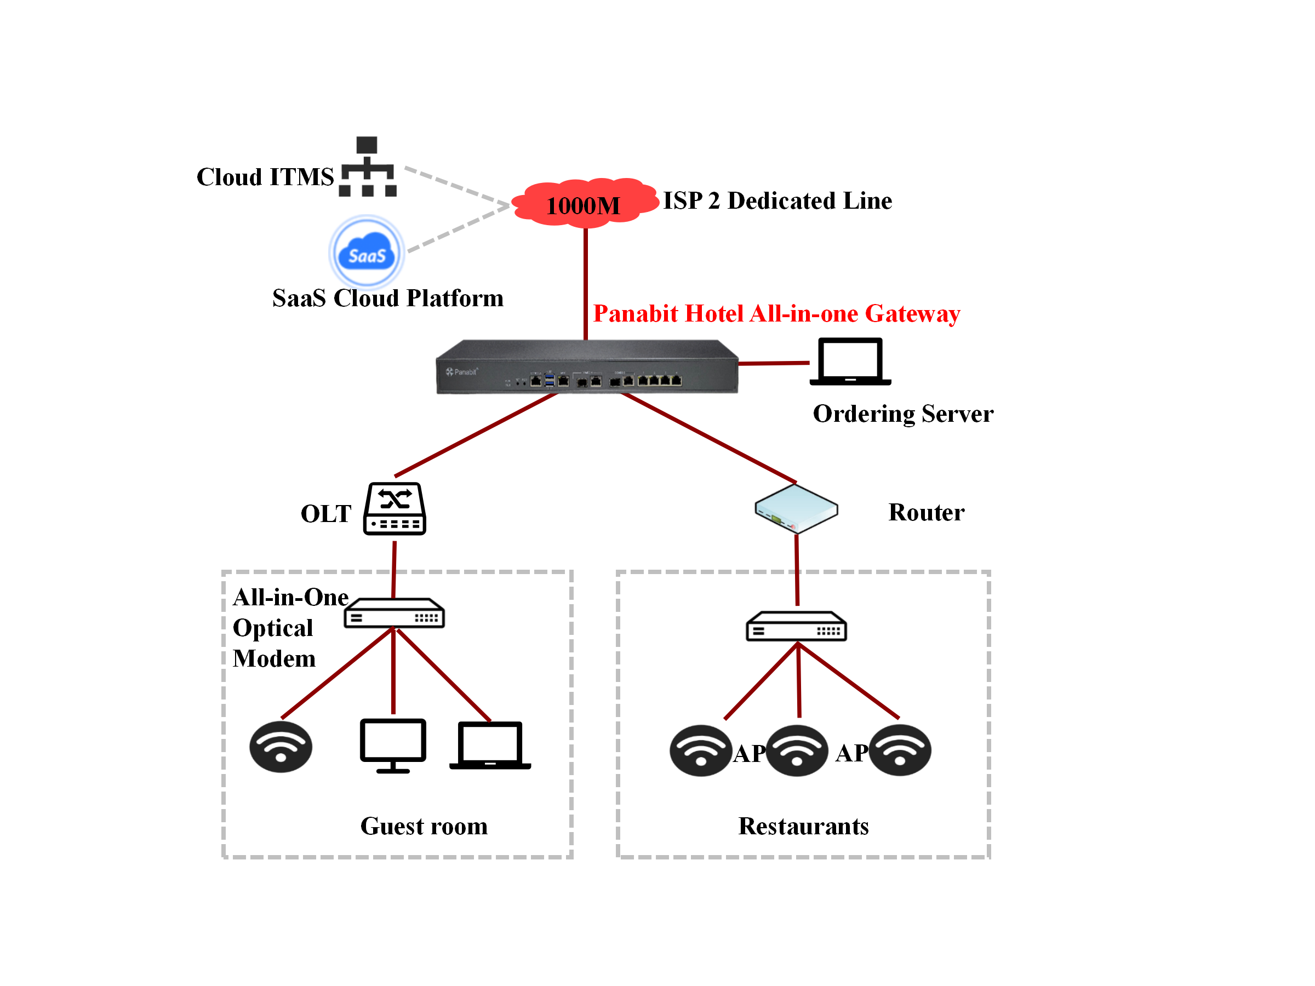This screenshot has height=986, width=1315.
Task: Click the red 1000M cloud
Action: (585, 203)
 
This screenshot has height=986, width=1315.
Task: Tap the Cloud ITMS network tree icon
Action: (368, 167)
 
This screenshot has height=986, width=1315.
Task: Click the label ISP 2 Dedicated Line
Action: (777, 201)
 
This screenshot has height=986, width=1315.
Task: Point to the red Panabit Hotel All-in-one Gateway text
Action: (776, 313)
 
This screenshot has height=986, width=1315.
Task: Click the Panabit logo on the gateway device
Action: (462, 372)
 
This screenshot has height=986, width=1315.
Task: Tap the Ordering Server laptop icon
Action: (850, 362)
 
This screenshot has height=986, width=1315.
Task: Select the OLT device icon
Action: (395, 509)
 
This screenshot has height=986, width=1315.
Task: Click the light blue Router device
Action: (796, 509)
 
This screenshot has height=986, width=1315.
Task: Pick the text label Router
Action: (926, 512)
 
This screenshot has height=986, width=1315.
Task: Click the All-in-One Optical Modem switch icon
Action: (394, 613)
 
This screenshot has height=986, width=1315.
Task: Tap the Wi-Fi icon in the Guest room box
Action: (281, 747)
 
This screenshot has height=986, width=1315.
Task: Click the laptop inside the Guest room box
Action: (490, 746)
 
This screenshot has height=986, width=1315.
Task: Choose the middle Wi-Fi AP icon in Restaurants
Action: (797, 750)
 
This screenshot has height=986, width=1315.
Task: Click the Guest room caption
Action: (424, 826)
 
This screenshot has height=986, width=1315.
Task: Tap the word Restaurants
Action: (803, 826)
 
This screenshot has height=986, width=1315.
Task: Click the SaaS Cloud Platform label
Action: (387, 299)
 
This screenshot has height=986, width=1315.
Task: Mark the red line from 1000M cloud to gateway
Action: (586, 282)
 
